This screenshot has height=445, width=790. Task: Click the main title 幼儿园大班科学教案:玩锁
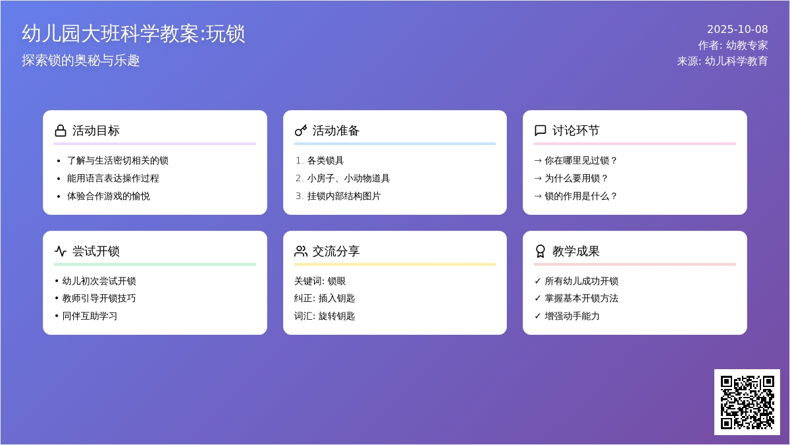[x=134, y=34]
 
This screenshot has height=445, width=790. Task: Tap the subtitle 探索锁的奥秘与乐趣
[x=81, y=61]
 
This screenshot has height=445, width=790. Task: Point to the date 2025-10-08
[x=737, y=29]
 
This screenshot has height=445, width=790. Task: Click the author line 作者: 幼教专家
[x=733, y=45]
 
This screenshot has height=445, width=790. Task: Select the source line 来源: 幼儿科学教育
[x=722, y=61]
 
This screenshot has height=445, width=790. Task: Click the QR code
[x=747, y=402]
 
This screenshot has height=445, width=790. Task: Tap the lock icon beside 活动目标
[x=61, y=131]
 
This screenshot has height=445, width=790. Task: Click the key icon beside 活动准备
[x=301, y=131]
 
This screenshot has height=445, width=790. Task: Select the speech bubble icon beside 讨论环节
[x=540, y=131]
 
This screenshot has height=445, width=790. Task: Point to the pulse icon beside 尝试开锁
[x=61, y=251]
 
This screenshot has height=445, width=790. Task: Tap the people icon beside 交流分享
[x=301, y=251]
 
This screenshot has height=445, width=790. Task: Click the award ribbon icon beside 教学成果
[x=540, y=251]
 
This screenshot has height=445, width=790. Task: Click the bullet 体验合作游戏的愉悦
[x=109, y=196]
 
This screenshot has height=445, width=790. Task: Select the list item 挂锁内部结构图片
[x=344, y=196]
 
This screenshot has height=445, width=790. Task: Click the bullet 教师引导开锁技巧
[x=99, y=298]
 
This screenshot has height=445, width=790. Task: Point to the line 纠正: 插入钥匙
[x=325, y=298]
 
